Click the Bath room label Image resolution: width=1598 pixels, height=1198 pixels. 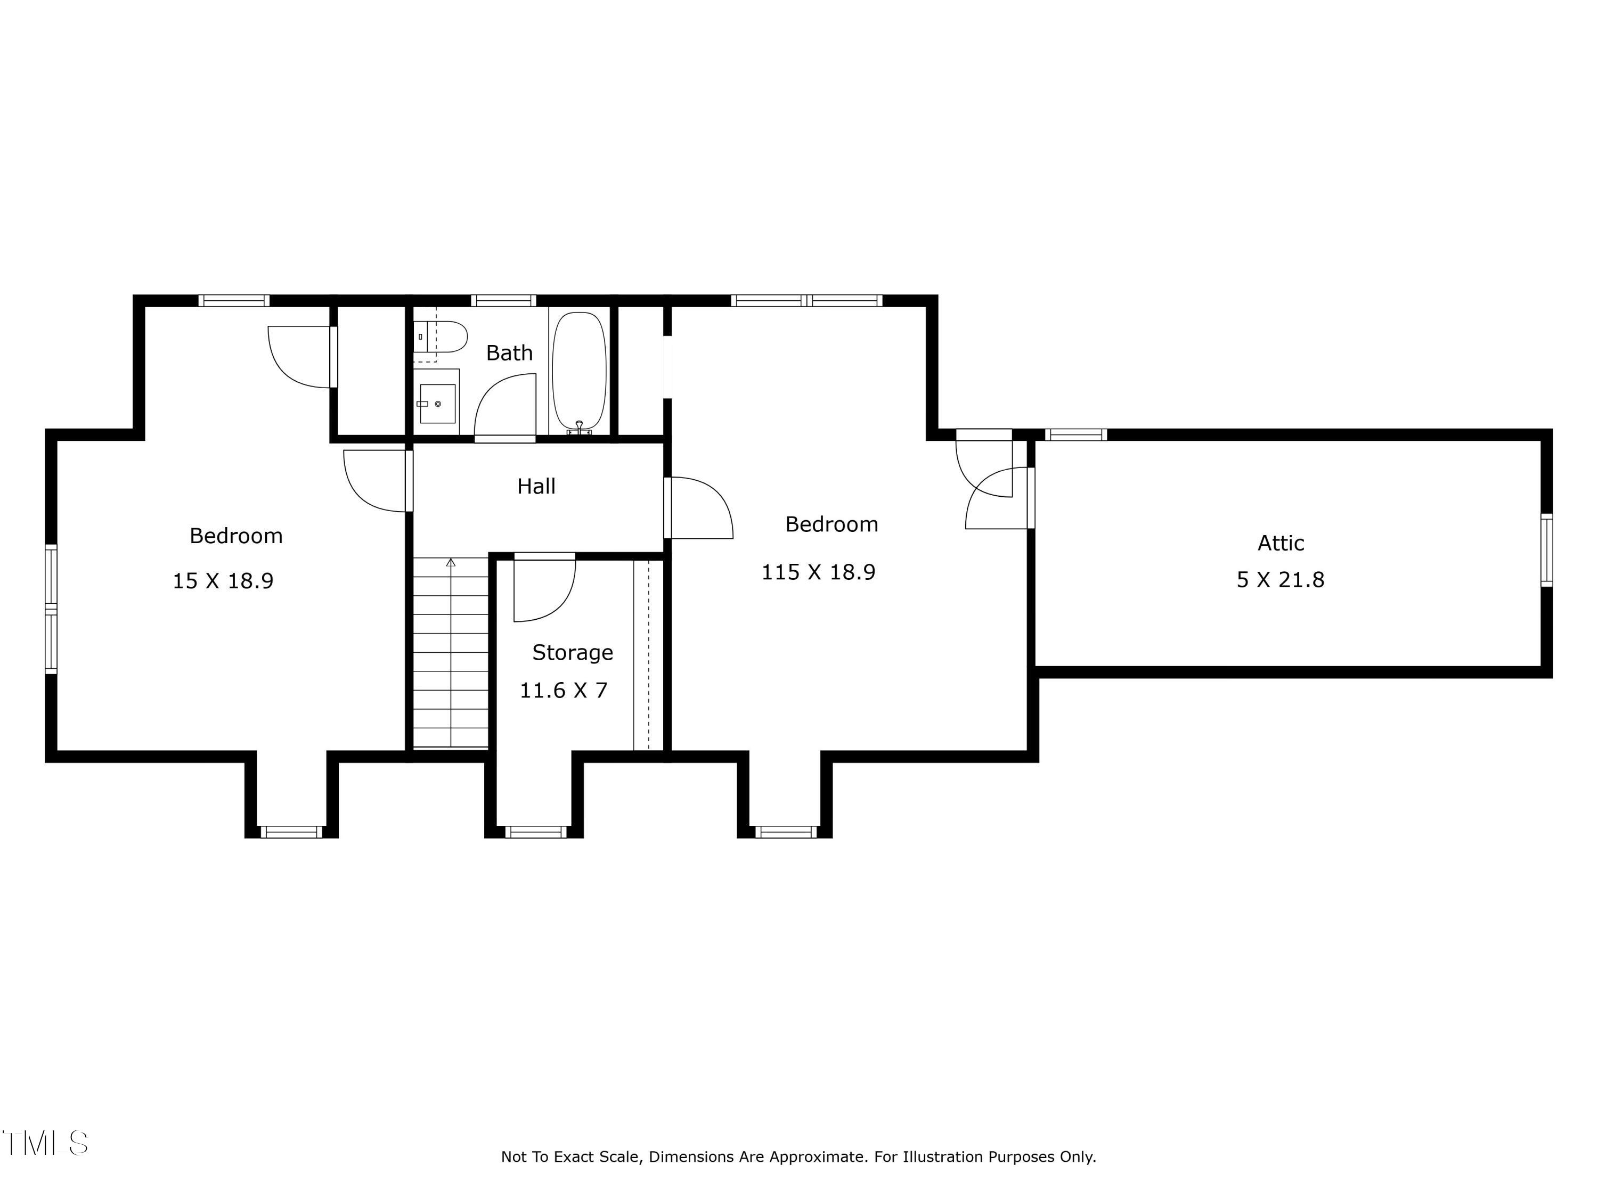(509, 353)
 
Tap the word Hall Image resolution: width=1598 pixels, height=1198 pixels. (536, 486)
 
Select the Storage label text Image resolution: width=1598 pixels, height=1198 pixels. (572, 653)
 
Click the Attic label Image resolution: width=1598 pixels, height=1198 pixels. (1281, 543)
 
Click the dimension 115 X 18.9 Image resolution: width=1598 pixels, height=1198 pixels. (819, 572)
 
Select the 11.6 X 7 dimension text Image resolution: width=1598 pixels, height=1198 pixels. (564, 691)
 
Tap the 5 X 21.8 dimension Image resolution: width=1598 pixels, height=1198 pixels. (1281, 580)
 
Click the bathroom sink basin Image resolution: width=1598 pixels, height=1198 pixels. (437, 404)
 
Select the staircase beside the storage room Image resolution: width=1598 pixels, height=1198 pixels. (451, 653)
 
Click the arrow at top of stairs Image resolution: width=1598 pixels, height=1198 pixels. (451, 563)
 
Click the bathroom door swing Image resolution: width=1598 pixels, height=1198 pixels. (505, 406)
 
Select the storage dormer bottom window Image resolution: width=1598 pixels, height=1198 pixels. (535, 832)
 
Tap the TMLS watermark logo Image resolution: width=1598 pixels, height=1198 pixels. (45, 1143)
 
